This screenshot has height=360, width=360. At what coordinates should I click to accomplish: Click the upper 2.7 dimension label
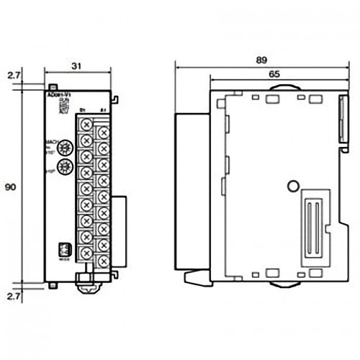[x=12, y=75]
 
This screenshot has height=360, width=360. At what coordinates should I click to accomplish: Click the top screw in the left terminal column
[x=86, y=124]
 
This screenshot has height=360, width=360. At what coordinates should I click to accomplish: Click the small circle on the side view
[x=292, y=185]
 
